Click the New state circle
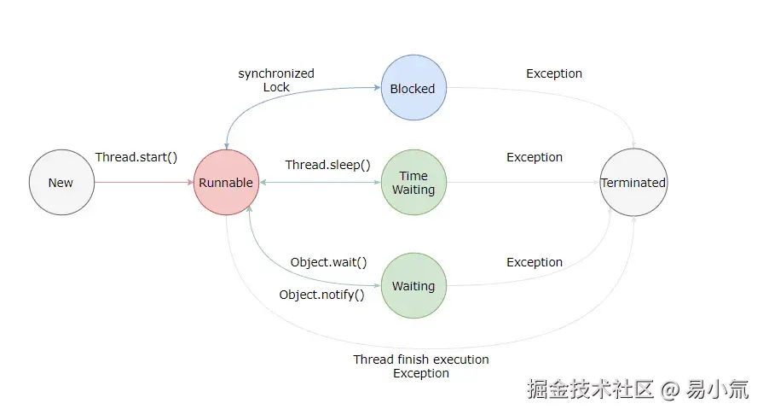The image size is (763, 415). (61, 183)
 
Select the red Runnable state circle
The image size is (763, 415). (226, 183)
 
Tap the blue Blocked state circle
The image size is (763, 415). (413, 89)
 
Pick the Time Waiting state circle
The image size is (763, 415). (413, 183)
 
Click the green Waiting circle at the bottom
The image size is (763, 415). (413, 286)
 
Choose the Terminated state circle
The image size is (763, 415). (633, 183)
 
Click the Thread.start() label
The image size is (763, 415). (136, 157)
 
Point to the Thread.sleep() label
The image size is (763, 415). (327, 165)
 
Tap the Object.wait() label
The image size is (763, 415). (328, 262)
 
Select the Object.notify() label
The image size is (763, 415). (321, 295)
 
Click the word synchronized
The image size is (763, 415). (276, 73)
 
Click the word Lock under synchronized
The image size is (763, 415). (276, 87)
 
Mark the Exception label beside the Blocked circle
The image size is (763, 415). (554, 73)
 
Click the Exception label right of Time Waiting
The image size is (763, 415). (535, 157)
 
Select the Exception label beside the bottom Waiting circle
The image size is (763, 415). (535, 262)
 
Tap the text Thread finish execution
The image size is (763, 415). (421, 359)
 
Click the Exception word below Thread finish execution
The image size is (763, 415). (421, 373)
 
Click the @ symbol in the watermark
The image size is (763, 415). (670, 390)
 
